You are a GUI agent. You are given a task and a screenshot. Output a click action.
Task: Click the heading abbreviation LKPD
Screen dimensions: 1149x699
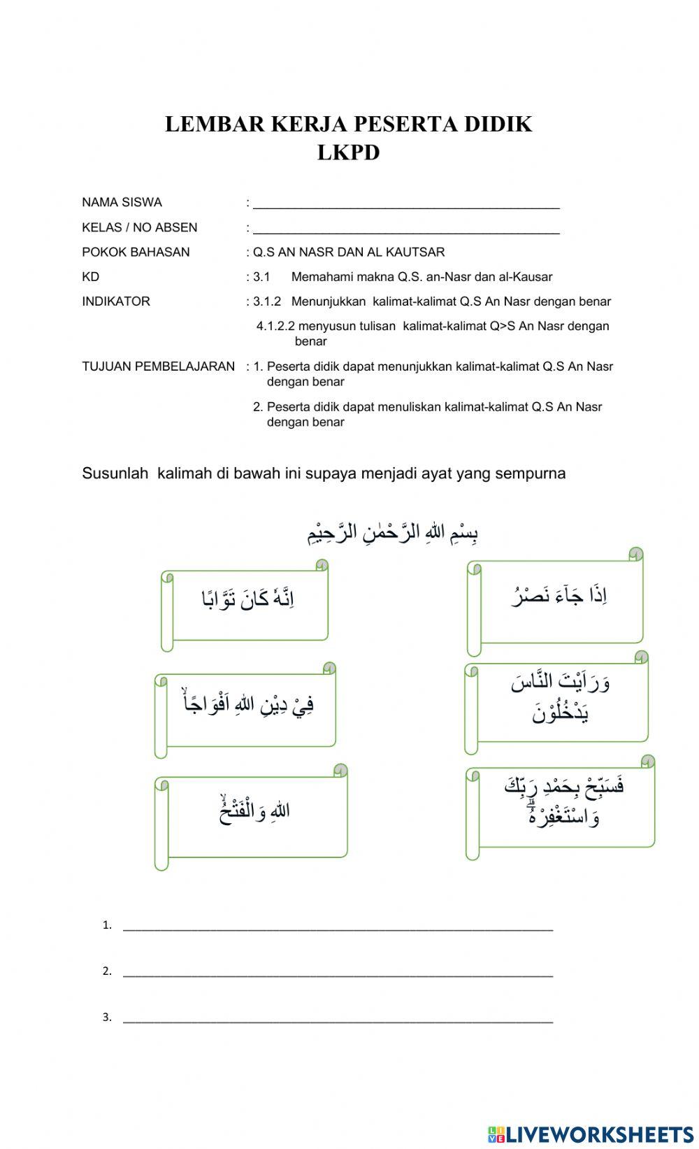(x=348, y=152)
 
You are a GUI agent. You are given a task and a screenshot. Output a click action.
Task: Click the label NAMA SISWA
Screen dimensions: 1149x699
(x=122, y=202)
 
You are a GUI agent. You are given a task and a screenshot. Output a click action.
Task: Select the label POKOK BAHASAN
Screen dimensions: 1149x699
(x=136, y=252)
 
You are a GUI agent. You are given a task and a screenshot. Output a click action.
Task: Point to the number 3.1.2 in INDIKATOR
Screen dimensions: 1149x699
(x=267, y=301)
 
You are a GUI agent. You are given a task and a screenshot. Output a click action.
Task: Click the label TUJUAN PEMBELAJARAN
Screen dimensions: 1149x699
(x=158, y=366)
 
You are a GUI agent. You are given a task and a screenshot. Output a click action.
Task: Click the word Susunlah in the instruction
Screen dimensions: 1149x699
(x=115, y=473)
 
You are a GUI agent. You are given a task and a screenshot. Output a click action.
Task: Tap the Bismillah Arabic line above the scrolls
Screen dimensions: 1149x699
(x=393, y=534)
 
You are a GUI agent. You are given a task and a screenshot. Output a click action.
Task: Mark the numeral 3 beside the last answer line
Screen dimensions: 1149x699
(x=106, y=1018)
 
